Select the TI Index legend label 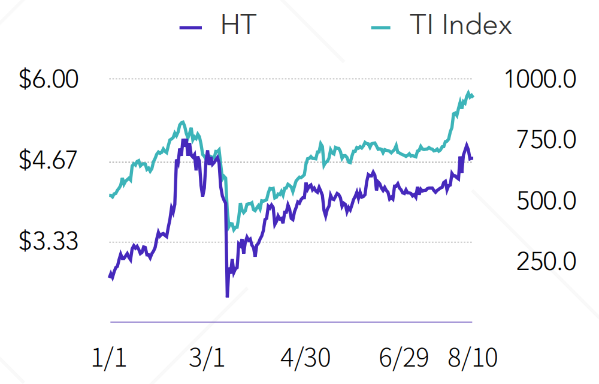pyautogui.click(x=461, y=25)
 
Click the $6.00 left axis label pyautogui.click(x=49, y=79)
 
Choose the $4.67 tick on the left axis pyautogui.click(x=49, y=160)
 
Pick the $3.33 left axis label pyautogui.click(x=49, y=241)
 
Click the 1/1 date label pyautogui.click(x=110, y=358)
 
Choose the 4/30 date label pyautogui.click(x=305, y=358)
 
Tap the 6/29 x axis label pyautogui.click(x=404, y=358)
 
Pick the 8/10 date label pyautogui.click(x=473, y=358)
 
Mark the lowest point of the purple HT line pyautogui.click(x=227, y=296)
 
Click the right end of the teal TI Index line pyautogui.click(x=473, y=96)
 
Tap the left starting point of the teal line pyautogui.click(x=110, y=195)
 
